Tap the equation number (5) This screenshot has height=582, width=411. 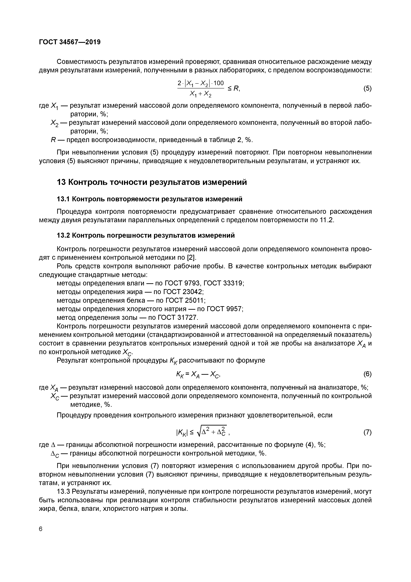click(x=367, y=88)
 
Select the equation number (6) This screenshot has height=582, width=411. click(x=367, y=374)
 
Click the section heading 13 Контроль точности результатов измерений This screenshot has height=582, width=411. click(x=152, y=182)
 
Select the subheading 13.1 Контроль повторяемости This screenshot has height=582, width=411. click(x=149, y=199)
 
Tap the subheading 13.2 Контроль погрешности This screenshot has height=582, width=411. click(x=146, y=235)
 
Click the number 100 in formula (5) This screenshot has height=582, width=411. click(x=218, y=83)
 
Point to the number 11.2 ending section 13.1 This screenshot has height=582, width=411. click(x=326, y=220)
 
